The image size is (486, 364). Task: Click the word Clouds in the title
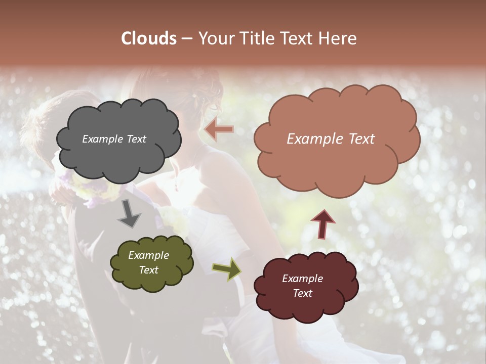pyautogui.click(x=149, y=38)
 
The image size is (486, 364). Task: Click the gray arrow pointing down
pyautogui.click(x=130, y=214)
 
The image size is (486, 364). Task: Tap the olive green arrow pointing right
pyautogui.click(x=227, y=269)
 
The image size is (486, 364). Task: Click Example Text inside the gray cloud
pyautogui.click(x=114, y=139)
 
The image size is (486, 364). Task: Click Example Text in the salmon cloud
pyautogui.click(x=331, y=139)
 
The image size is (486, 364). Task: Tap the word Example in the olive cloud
pyautogui.click(x=148, y=255)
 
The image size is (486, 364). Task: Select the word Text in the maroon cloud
pyautogui.click(x=302, y=293)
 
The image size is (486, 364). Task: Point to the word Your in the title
pyautogui.click(x=214, y=38)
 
